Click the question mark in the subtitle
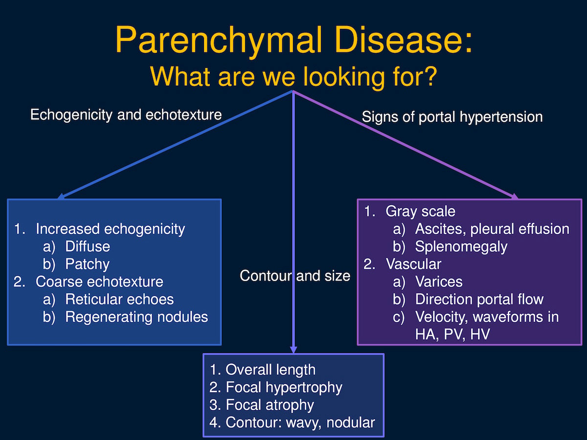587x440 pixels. coord(429,76)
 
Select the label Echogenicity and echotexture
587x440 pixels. coord(126,115)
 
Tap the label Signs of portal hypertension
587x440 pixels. coord(452,117)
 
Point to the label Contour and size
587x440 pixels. coord(294,275)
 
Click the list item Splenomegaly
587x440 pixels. coord(461,246)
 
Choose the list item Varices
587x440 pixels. coord(439,282)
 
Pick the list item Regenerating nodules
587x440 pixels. coord(136,317)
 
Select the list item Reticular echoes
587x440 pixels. coord(119,299)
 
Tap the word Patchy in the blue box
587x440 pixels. coord(87,264)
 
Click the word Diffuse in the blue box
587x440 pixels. coord(88,246)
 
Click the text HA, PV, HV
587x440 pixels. coord(452,334)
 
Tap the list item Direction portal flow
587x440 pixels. coord(479,299)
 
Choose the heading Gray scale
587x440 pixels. coord(420,211)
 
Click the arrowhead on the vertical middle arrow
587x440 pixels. coord(293,350)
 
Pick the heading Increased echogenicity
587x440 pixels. coord(110,229)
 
